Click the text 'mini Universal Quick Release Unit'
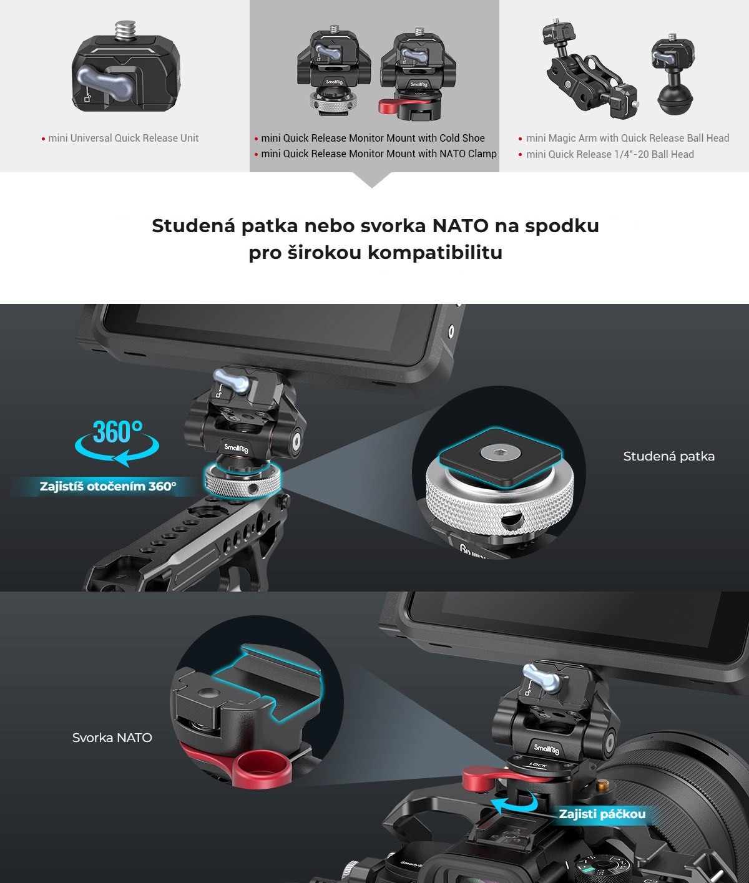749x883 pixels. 124,138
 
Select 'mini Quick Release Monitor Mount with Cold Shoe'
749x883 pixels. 373,138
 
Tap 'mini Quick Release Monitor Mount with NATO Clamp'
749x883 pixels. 379,154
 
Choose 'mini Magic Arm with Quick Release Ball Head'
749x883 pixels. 628,138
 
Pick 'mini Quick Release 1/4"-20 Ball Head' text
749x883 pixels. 610,154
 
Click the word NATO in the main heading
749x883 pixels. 460,226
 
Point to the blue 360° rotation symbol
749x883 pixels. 117,442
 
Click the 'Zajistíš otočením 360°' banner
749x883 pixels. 108,487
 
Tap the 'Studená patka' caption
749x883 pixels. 668,456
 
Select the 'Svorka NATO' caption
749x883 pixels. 112,738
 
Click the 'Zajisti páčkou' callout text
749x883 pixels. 602,814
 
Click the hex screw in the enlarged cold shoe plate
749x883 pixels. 501,453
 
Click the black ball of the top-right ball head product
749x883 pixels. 675,100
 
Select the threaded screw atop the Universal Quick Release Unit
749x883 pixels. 125,31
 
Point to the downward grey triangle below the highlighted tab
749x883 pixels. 372,180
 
